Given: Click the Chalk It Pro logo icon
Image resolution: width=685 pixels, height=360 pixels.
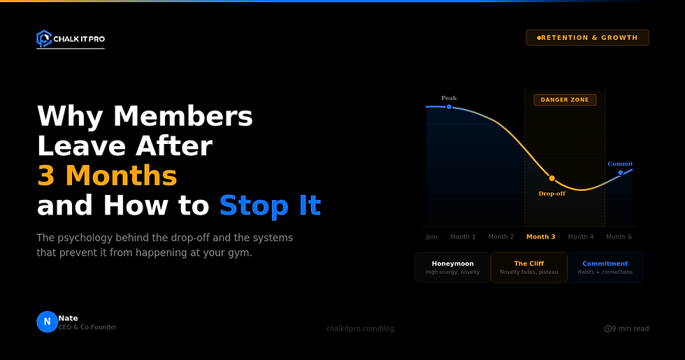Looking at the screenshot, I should coord(44,38).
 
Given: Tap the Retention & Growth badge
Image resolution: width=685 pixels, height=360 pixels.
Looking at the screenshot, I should coord(587,38).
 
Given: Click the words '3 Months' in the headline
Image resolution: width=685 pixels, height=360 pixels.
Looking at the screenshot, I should coord(107,175).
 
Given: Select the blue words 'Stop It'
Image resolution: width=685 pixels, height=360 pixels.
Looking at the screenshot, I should coord(270,206).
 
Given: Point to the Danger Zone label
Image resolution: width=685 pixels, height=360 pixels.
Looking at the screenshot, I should coord(565,100).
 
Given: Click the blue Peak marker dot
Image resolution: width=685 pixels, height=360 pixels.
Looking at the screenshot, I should coord(449,107).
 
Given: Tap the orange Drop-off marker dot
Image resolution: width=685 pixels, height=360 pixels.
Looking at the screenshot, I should coord(551,179).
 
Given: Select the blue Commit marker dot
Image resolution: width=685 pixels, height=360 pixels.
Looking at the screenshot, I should coord(620,172).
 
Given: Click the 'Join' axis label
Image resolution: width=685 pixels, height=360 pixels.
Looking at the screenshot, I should coord(431,237).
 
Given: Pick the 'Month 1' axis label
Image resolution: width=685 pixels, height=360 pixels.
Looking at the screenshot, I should coord(463,237).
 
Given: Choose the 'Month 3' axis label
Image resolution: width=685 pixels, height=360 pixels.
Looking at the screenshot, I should coord(540,237).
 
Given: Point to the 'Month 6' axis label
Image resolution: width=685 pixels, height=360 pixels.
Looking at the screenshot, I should coord(619,237).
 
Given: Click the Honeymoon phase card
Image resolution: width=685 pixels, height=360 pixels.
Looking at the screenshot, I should coord(452,267).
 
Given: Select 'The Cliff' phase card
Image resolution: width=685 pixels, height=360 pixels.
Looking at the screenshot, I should coord(528,267).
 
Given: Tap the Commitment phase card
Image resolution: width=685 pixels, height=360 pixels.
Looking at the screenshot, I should coord(605,267).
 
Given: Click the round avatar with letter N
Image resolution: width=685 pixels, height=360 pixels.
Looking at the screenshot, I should coord(47,322).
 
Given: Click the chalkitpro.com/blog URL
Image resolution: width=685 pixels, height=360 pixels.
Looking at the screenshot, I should coord(360,329).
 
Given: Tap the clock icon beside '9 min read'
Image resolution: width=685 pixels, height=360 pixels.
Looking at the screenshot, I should coord(607,329).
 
